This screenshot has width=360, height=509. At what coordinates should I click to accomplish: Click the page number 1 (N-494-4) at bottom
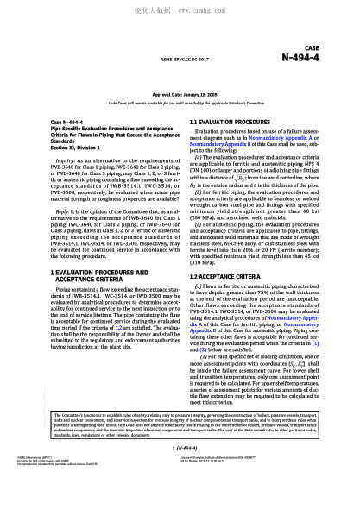pyautogui.click(x=180, y=474)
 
